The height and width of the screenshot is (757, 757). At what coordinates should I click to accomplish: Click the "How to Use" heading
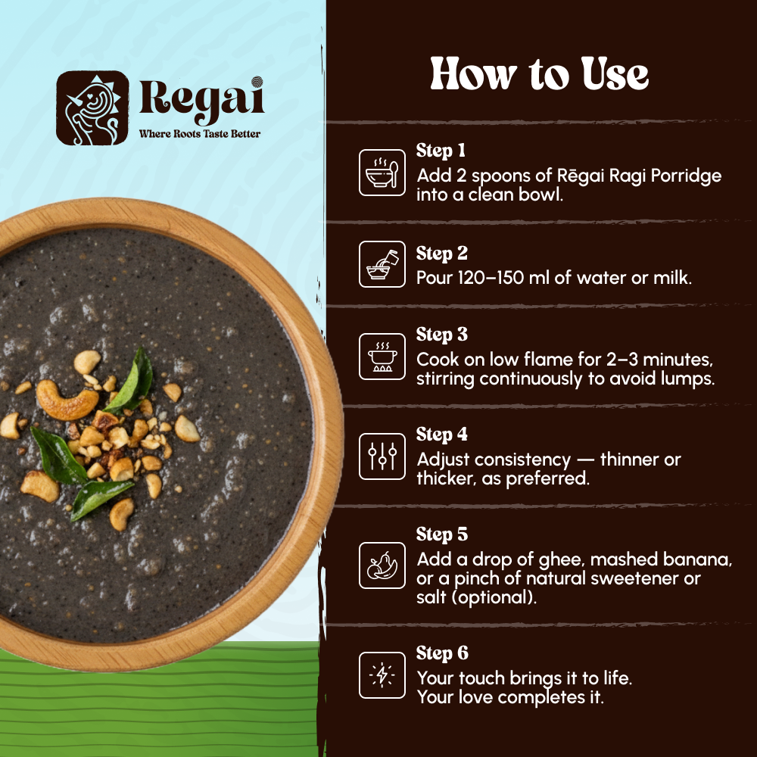pyautogui.click(x=539, y=75)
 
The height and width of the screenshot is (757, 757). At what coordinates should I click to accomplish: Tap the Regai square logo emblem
pyautogui.click(x=92, y=107)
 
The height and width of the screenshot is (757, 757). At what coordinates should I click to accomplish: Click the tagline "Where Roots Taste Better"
pyautogui.click(x=200, y=134)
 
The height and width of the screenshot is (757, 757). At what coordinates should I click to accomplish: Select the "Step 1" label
pyautogui.click(x=441, y=151)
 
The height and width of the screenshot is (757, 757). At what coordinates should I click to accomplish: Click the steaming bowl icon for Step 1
pyautogui.click(x=382, y=173)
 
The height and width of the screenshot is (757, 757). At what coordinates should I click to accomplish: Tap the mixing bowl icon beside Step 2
pyautogui.click(x=382, y=264)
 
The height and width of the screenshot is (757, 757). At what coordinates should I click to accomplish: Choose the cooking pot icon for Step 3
pyautogui.click(x=382, y=356)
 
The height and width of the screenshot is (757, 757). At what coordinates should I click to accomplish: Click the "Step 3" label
pyautogui.click(x=442, y=335)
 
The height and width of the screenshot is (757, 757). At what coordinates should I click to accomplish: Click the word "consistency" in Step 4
pyautogui.click(x=529, y=459)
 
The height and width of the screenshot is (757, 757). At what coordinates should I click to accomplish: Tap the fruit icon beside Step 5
pyautogui.click(x=382, y=565)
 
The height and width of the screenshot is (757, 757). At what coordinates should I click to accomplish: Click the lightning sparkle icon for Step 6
pyautogui.click(x=382, y=675)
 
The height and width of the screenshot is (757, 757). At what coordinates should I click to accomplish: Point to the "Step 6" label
pyautogui.click(x=442, y=653)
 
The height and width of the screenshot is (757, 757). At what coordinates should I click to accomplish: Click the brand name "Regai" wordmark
pyautogui.click(x=201, y=100)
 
